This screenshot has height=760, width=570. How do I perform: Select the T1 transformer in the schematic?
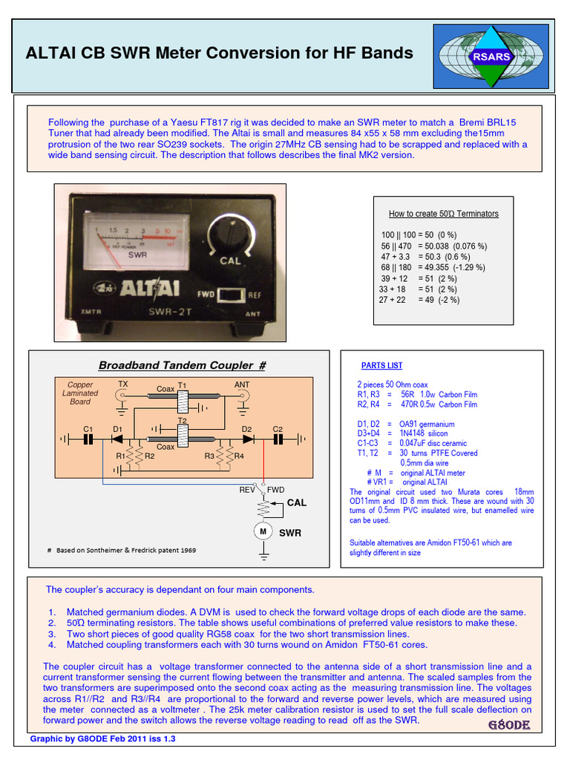183,402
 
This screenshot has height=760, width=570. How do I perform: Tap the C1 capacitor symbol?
88,439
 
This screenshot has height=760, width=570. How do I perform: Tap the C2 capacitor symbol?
278,439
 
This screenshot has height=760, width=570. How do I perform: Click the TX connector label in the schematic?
122,384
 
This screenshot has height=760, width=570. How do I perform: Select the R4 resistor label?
239,456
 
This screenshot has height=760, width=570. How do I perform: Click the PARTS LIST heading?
381,366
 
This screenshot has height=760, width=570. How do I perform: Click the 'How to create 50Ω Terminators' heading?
443,214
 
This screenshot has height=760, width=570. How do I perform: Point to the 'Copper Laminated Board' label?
80,393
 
